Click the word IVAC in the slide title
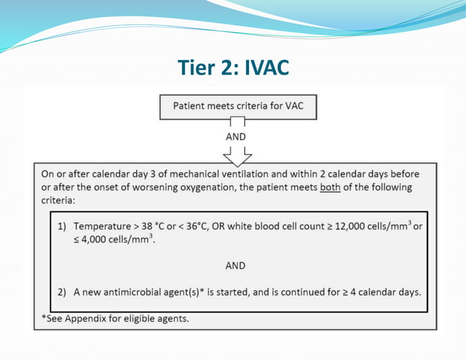264,67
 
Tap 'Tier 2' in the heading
205,67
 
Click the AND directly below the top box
236,137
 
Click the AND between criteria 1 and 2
235,266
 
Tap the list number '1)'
64,226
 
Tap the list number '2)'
64,293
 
